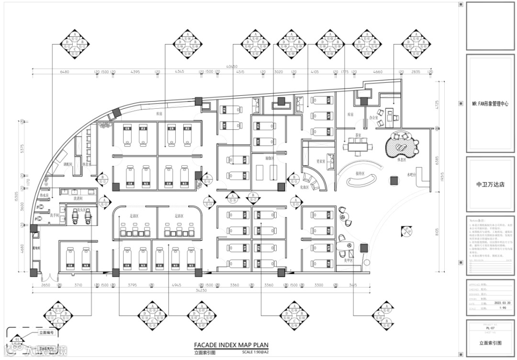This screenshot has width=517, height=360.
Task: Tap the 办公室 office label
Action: (x=374, y=117)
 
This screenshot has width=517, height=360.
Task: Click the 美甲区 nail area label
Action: (x=348, y=260)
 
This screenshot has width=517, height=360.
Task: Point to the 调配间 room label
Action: (x=67, y=164)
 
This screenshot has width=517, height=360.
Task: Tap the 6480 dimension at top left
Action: (x=65, y=72)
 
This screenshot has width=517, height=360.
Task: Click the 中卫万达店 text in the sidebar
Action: (x=490, y=184)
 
